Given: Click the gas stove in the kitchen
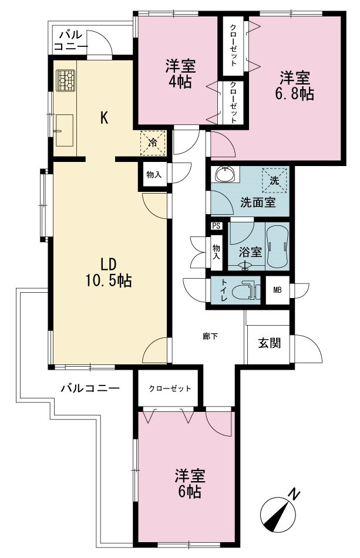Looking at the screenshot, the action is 66,80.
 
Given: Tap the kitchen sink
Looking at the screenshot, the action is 65,130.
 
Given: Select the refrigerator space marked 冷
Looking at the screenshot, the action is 153,143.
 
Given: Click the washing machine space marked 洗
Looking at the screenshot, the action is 274,180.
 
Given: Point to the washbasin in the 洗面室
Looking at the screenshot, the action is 225,174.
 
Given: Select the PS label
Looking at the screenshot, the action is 216,226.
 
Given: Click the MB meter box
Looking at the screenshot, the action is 277,290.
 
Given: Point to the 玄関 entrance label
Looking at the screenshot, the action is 270,343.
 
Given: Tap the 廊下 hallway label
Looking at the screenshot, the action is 210,336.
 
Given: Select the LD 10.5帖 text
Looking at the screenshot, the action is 108,273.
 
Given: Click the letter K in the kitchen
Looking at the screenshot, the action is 104,118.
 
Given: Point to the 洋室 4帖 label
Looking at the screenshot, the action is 180,74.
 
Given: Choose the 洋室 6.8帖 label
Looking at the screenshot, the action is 294,86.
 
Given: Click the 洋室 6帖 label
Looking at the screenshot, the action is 190,483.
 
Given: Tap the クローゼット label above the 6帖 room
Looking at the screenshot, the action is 170,388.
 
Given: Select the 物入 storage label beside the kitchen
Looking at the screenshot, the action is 154,175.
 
